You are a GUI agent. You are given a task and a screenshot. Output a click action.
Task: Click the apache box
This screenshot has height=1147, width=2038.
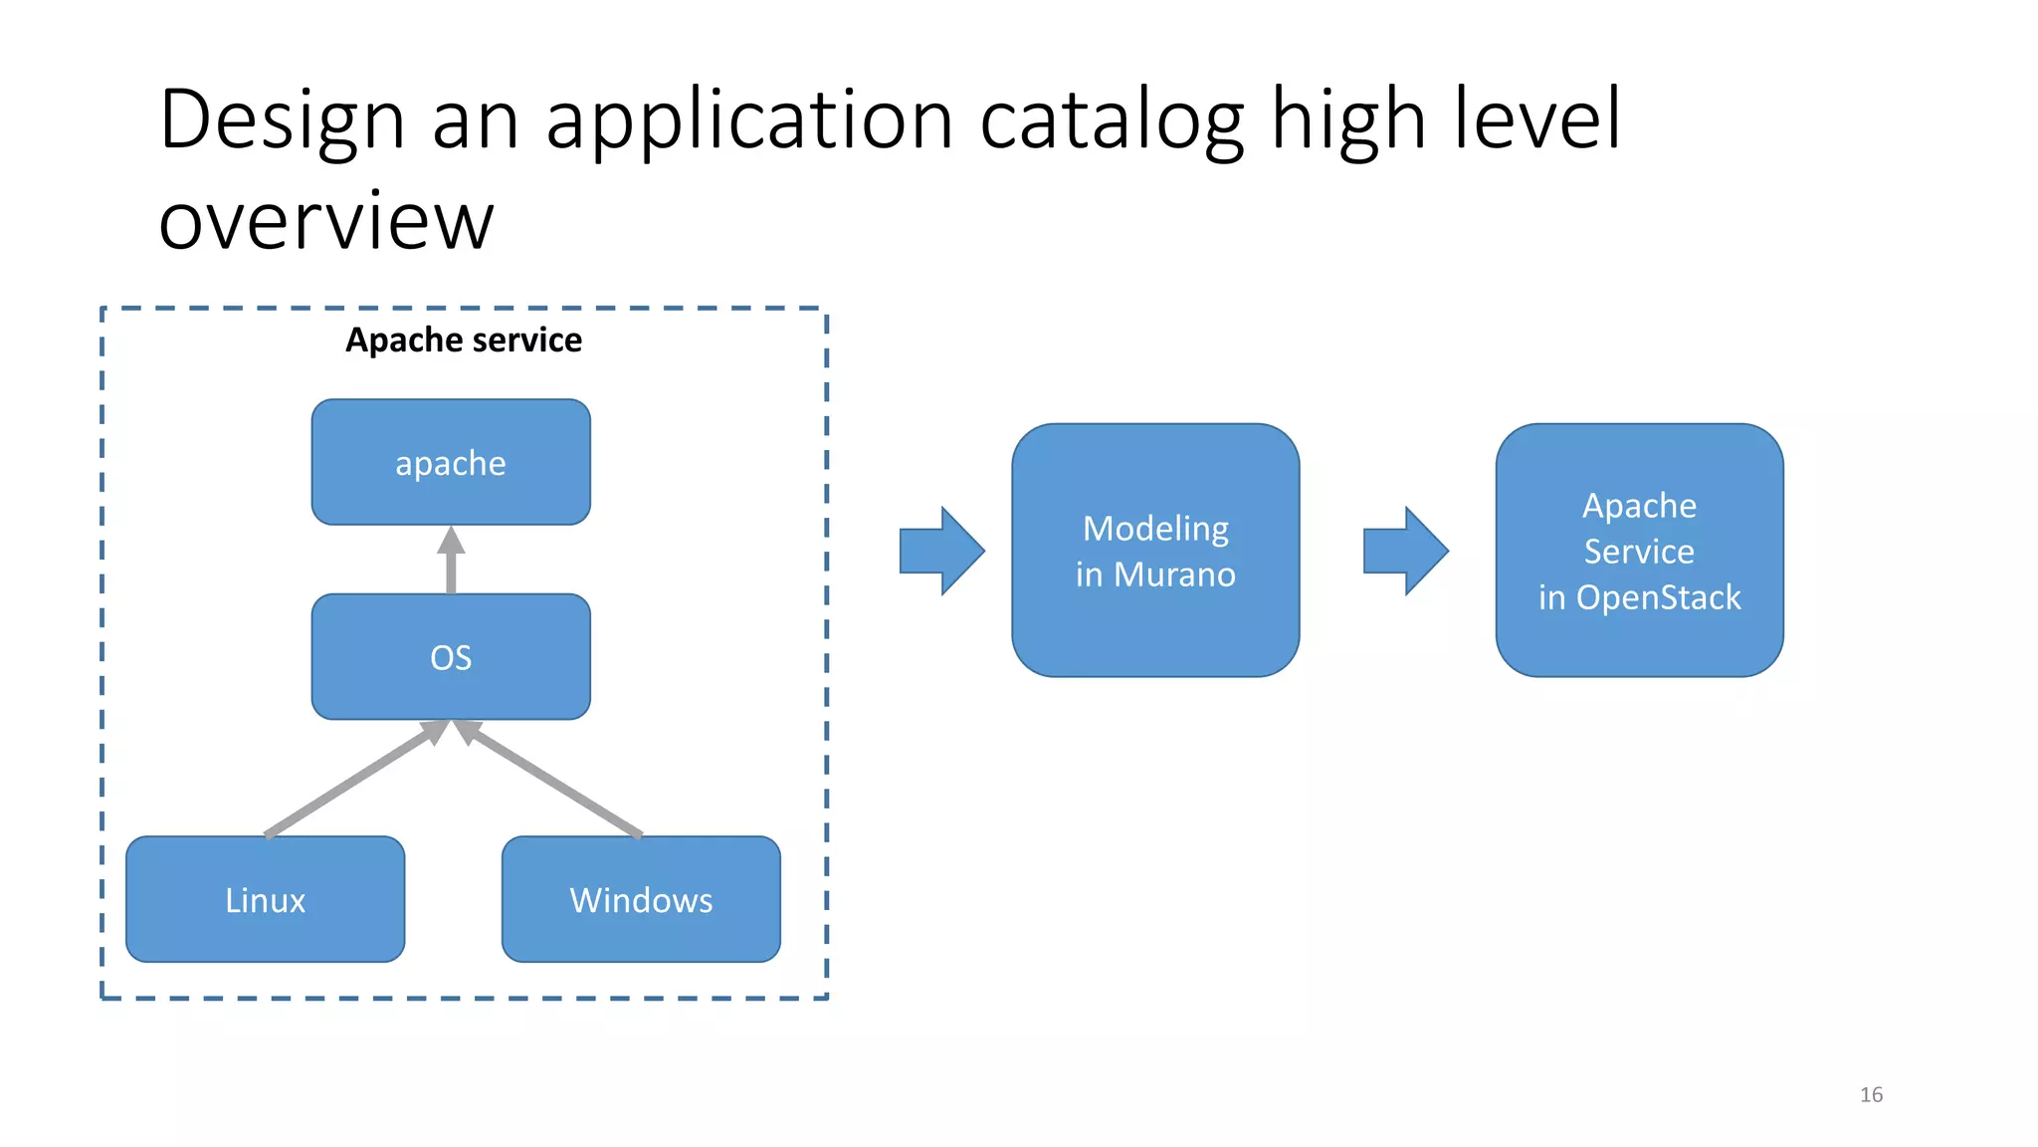451,462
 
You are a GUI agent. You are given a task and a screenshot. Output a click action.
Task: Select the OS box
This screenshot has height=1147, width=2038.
451,657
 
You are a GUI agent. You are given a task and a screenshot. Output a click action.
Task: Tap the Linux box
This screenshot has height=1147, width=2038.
265,899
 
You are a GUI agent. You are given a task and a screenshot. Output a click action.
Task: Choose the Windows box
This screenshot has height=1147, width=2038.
641,899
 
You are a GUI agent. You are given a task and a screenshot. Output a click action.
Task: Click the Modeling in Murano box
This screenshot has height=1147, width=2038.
1155,551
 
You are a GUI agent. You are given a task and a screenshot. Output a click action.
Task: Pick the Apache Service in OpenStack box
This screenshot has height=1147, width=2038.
1639,551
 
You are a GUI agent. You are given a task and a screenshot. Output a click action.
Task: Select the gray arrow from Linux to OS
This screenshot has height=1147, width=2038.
353,781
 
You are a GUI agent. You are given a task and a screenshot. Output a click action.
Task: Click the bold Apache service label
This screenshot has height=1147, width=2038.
464,341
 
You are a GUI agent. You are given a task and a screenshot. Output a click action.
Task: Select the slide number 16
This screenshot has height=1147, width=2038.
1871,1094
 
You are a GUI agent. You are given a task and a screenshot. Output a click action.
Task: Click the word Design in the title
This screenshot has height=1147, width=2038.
282,119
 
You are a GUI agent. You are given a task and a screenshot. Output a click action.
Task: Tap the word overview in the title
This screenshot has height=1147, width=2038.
326,220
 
